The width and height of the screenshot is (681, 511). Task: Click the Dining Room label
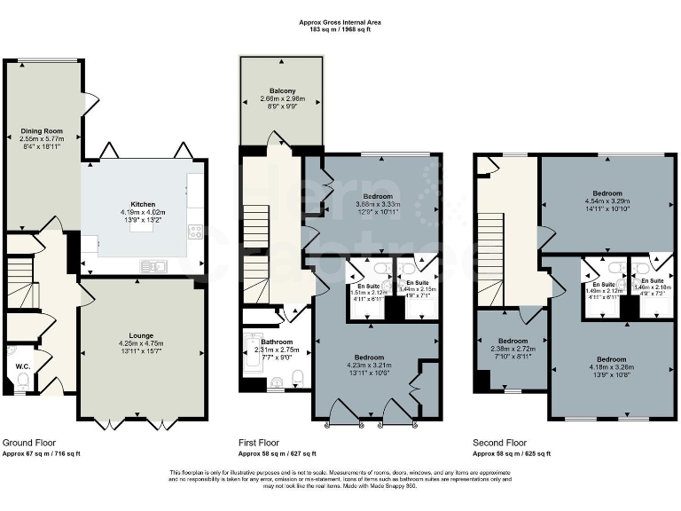click(x=41, y=131)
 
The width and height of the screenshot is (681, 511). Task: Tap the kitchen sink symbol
click(x=153, y=265)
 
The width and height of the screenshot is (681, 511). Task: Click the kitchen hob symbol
click(x=195, y=232)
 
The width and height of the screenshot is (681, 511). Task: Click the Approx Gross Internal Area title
click(x=340, y=20)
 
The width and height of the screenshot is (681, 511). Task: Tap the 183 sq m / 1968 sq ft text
click(x=340, y=29)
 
